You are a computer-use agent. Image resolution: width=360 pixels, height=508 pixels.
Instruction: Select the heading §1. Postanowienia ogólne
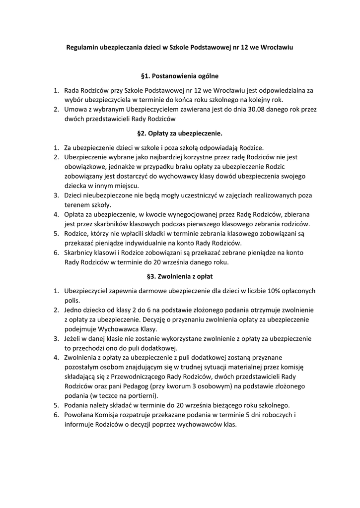(x=180, y=76)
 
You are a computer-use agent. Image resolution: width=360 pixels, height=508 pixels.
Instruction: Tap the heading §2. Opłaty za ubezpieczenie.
(x=180, y=133)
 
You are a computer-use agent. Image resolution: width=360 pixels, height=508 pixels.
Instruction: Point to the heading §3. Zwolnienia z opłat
(x=180, y=276)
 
